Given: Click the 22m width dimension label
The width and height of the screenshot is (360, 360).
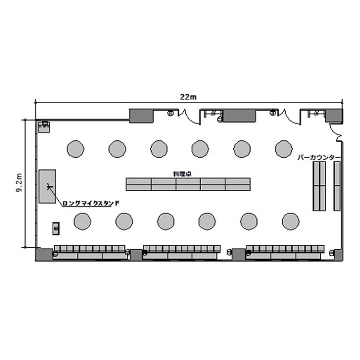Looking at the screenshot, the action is [x=188, y=97].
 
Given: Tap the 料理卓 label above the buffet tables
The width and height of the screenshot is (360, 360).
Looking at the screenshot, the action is [x=182, y=174].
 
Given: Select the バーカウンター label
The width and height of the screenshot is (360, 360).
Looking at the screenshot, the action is [x=319, y=157].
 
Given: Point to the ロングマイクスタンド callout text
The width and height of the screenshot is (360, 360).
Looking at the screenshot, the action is [x=91, y=203].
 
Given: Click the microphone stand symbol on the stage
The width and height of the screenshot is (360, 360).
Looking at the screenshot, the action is [x=49, y=186].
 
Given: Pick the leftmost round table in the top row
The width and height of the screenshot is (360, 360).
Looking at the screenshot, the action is [x=75, y=149].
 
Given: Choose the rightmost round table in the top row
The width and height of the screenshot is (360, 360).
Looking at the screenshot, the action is [x=284, y=149].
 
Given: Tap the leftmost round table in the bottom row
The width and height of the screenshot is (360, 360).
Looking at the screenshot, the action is [x=83, y=222].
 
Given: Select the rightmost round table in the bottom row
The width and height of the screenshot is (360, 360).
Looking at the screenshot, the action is [x=291, y=222].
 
